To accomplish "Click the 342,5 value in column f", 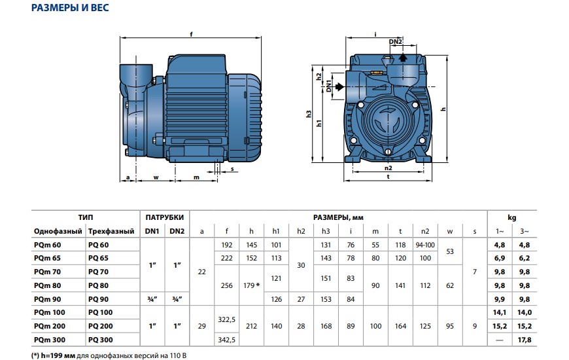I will pos(226,340).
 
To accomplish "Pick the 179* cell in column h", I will pos(251,285).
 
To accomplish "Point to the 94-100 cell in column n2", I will pos(424,244).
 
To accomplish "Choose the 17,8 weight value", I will pos(523,340).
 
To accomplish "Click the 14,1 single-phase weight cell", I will pos(500,313).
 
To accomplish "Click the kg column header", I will pos(511,217).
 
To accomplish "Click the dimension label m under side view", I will pos(197,177).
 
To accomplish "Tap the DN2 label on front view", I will pos(396,42).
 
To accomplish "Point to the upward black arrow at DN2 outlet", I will pos(403,58).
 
